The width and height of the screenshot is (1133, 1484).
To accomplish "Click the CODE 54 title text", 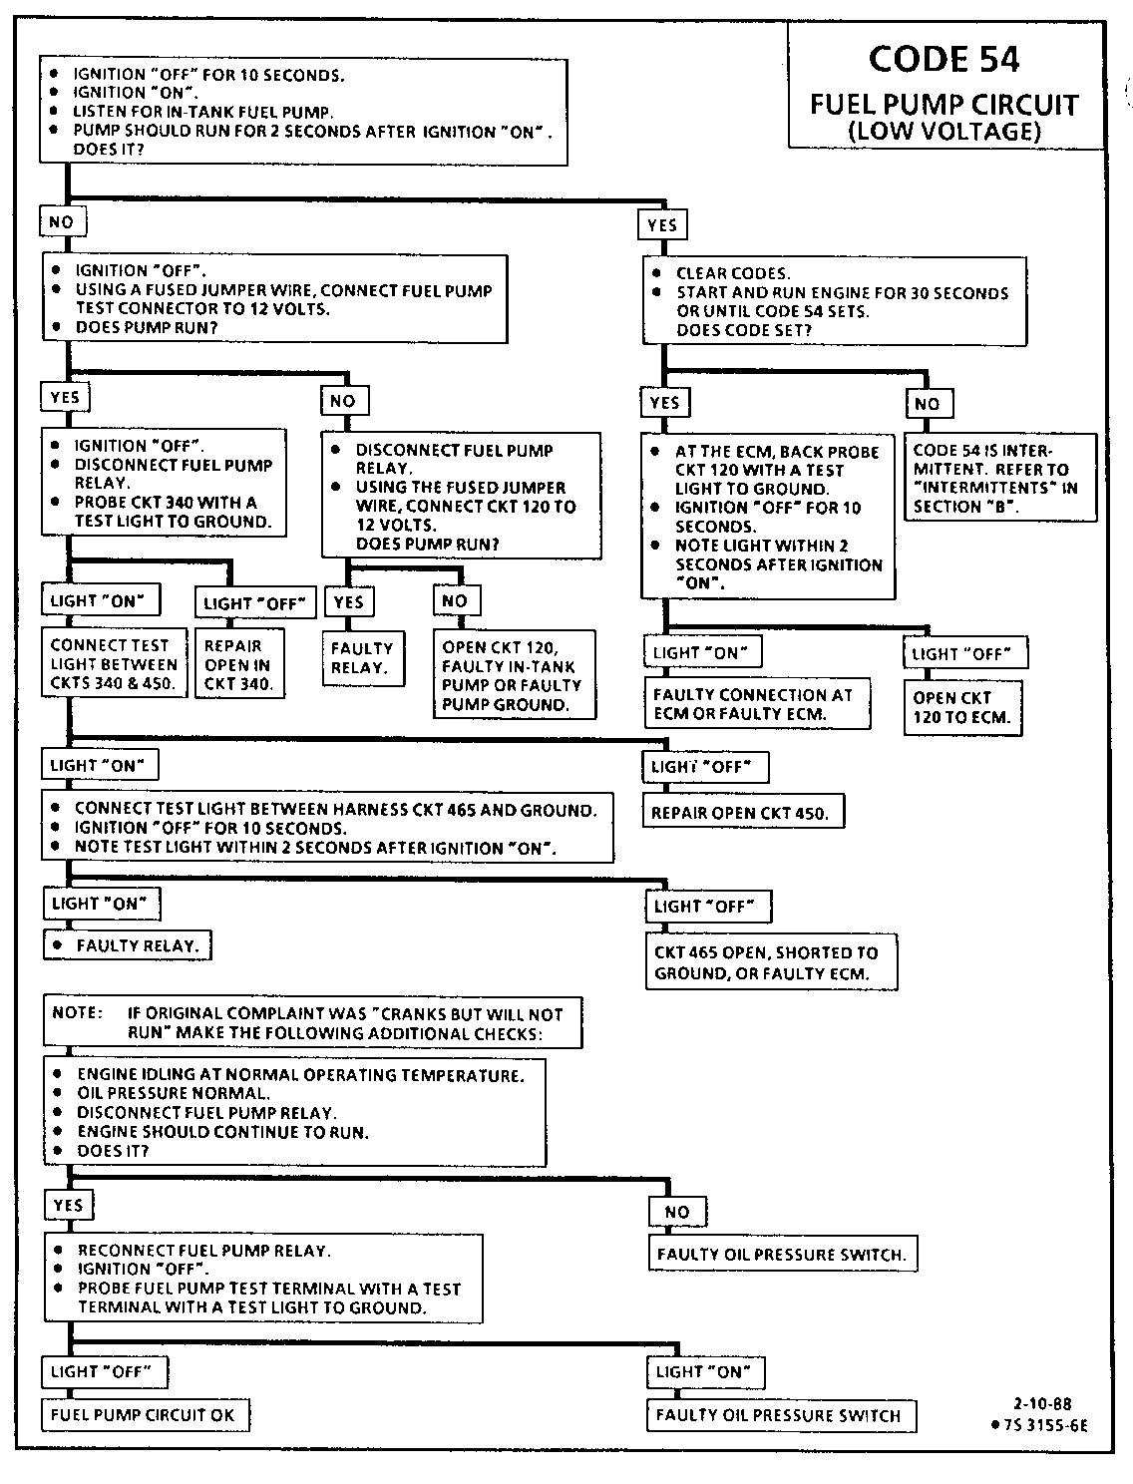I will tap(944, 59).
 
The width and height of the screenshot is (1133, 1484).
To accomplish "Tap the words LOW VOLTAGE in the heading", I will tap(944, 131).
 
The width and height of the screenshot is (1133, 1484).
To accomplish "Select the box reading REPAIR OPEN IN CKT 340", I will tap(238, 664).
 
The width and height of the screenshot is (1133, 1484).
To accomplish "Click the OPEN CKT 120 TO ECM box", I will tap(961, 707).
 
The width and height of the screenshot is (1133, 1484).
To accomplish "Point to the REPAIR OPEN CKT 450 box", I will tap(740, 813).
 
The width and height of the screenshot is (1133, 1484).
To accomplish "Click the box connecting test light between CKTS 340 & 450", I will tap(114, 664).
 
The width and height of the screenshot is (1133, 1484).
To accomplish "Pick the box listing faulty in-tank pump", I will tap(513, 675).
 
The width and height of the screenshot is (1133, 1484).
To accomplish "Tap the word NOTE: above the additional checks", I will tap(77, 1013).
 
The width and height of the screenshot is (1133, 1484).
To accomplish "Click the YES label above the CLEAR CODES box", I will tap(662, 225).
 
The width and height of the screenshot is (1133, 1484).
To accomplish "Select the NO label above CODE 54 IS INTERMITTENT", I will tap(928, 404).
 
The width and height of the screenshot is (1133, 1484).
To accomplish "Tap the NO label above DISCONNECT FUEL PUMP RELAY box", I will tap(343, 401).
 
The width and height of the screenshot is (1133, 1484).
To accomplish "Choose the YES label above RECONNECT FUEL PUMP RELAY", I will tap(68, 1205).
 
